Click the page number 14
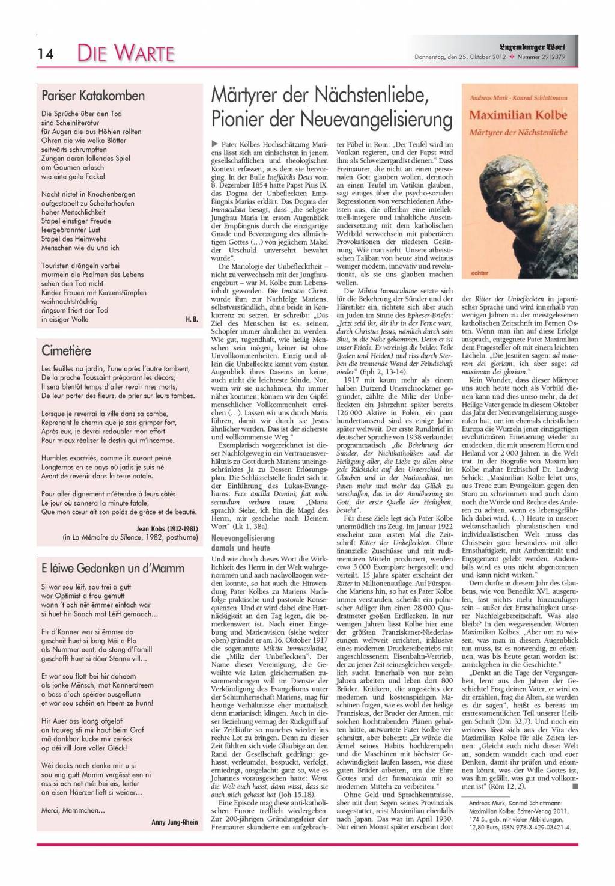click(45, 54)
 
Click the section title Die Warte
click(126, 53)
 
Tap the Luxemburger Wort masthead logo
click(532, 46)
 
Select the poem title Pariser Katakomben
click(93, 96)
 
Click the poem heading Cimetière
click(67, 350)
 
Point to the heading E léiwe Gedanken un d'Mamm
click(113, 568)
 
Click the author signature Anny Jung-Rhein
click(174, 822)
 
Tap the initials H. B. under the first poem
click(192, 319)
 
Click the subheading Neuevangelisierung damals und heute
click(243, 543)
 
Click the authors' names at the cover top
click(518, 97)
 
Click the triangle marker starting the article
click(214, 145)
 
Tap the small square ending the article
click(574, 786)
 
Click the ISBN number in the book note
click(537, 827)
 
